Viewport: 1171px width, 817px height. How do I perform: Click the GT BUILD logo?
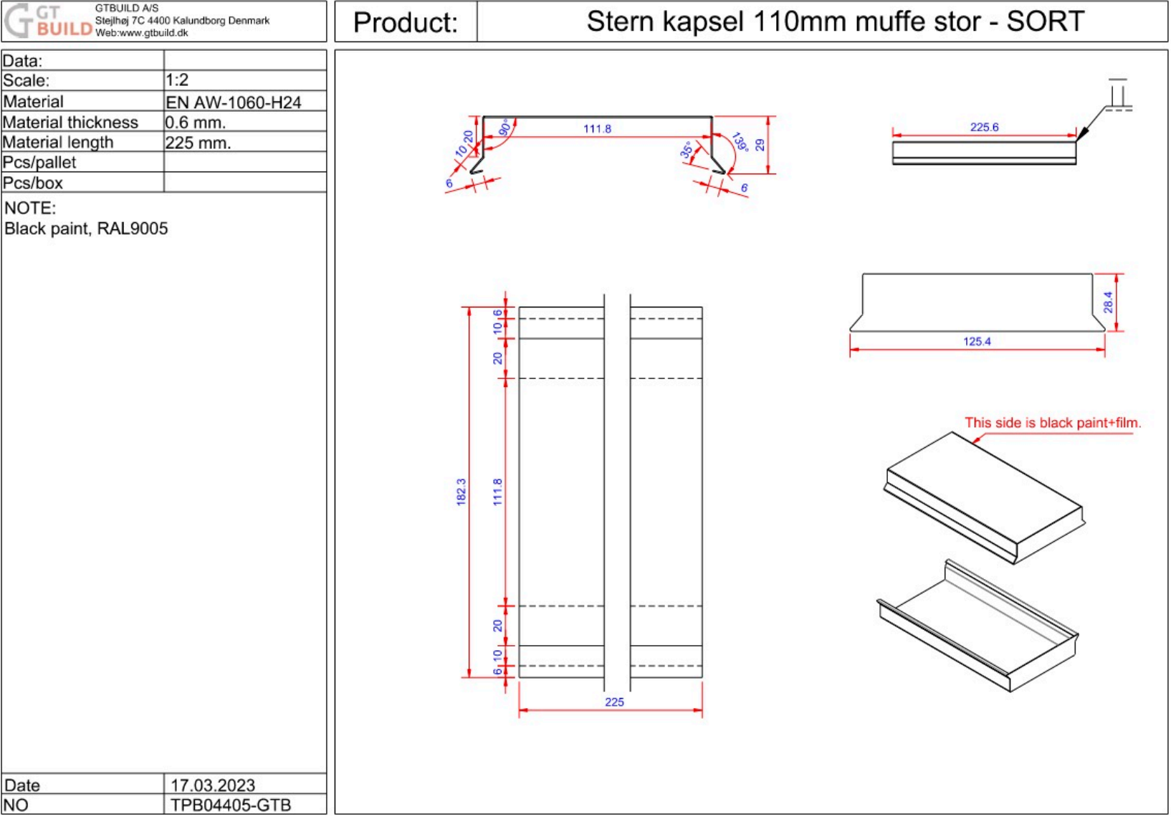click(x=47, y=21)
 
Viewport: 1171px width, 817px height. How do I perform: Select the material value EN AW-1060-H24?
click(x=233, y=102)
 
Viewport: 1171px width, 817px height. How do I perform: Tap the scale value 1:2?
click(x=177, y=80)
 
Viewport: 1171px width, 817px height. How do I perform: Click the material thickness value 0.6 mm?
click(x=195, y=123)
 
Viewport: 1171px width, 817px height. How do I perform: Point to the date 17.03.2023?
click(x=213, y=785)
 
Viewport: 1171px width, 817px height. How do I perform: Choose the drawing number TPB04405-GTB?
click(x=231, y=805)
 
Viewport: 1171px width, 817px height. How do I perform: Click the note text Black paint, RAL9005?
click(x=86, y=229)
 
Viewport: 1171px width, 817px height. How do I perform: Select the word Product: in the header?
click(x=405, y=23)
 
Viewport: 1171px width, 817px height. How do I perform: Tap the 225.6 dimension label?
click(x=984, y=127)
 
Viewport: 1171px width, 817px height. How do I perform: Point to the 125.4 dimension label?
click(x=977, y=341)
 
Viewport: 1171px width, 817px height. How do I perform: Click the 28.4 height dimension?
click(x=1108, y=302)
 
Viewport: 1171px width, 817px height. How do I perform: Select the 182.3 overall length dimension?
click(x=461, y=492)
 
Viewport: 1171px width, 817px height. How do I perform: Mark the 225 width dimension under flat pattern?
click(x=614, y=702)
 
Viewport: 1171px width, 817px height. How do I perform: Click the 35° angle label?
click(x=687, y=150)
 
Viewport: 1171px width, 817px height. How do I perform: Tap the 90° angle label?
click(x=505, y=128)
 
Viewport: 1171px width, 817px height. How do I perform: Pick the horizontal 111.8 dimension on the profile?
click(x=597, y=129)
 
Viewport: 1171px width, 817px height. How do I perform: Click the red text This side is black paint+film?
click(x=1052, y=423)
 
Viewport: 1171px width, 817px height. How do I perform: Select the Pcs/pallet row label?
click(x=39, y=163)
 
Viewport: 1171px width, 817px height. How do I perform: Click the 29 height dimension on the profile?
click(x=760, y=145)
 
